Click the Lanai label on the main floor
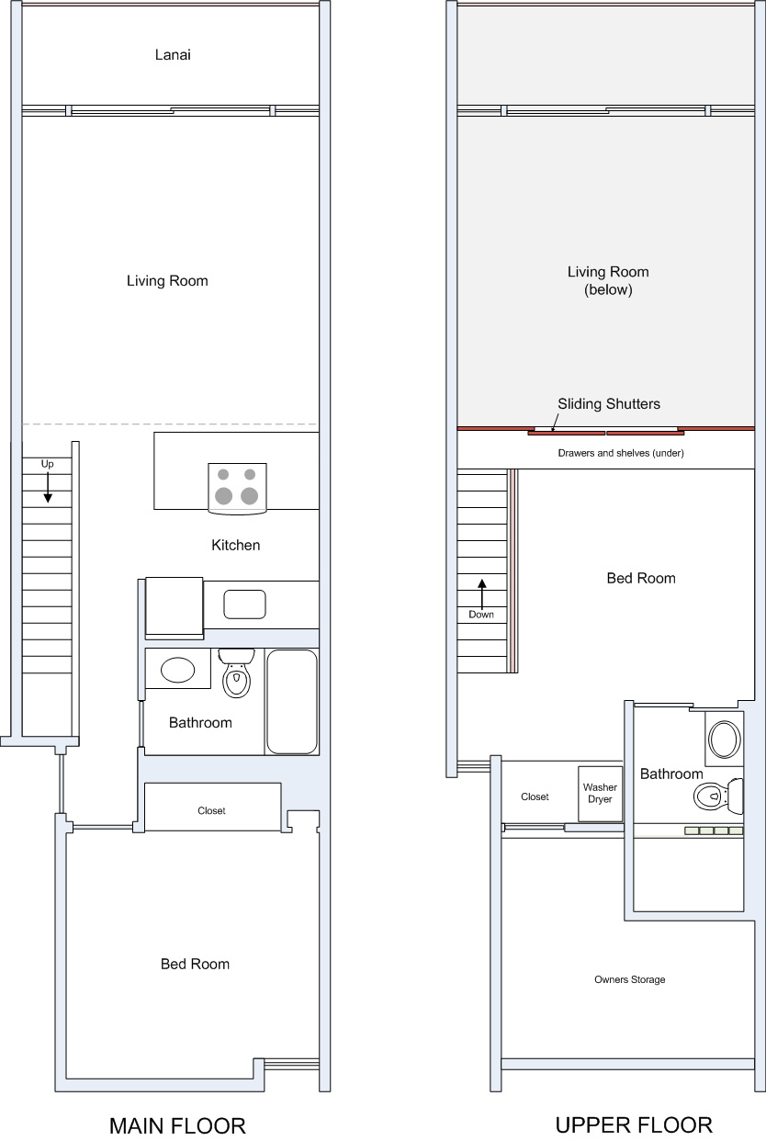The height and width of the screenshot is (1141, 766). (173, 54)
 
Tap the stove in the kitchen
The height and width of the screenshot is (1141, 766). (237, 488)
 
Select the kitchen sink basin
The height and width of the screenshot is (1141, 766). (244, 604)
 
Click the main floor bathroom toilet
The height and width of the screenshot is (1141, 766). (236, 672)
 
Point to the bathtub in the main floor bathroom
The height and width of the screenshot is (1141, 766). (292, 701)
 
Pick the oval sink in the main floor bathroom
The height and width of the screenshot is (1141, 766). (178, 670)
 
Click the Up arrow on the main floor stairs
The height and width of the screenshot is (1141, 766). (48, 488)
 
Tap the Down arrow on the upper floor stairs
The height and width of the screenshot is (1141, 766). (482, 594)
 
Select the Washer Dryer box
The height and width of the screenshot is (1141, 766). (600, 794)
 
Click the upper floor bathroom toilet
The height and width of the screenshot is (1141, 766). (718, 796)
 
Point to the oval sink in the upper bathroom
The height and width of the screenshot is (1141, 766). (725, 740)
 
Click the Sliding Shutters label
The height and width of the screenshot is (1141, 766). (609, 404)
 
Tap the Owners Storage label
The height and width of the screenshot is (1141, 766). (629, 979)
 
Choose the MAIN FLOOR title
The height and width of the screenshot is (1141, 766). (177, 1125)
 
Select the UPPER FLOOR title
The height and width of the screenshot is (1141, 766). (634, 1124)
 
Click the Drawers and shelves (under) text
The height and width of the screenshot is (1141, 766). (621, 453)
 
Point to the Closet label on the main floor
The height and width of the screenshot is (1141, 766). (211, 810)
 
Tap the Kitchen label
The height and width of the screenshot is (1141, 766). (236, 545)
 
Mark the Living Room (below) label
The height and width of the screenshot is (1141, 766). (608, 281)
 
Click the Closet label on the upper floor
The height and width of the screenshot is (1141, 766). (535, 796)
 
